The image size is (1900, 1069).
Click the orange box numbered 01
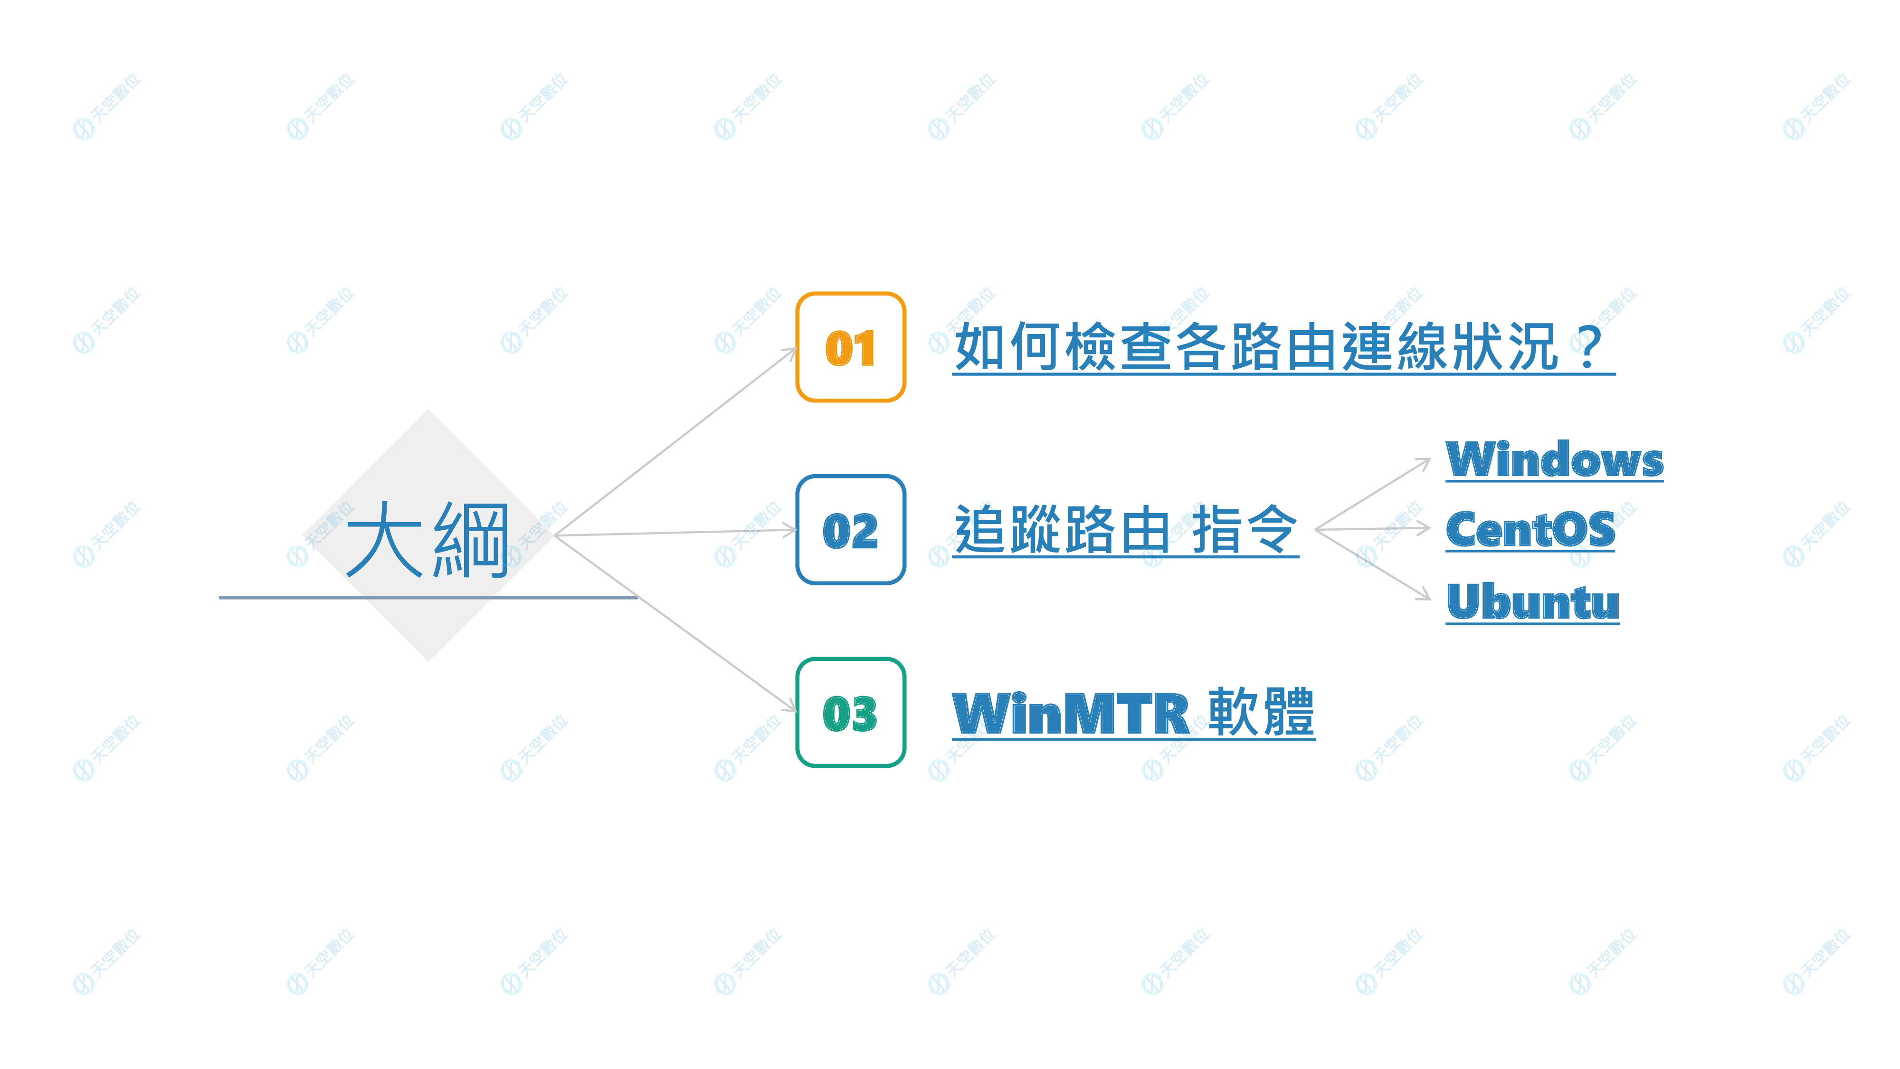[850, 347]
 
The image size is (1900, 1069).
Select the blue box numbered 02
[850, 530]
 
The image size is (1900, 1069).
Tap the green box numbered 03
[850, 713]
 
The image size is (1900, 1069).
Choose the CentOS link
[1530, 530]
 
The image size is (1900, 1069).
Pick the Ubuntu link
[1533, 602]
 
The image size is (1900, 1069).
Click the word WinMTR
[1071, 714]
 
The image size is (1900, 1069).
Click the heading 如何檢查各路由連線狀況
[1254, 347]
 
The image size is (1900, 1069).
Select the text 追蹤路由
[1061, 530]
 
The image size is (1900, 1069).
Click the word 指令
[1244, 530]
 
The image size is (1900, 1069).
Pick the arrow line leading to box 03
[675, 623]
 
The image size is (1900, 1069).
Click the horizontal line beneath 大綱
[428, 597]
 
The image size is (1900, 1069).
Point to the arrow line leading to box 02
[675, 533]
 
